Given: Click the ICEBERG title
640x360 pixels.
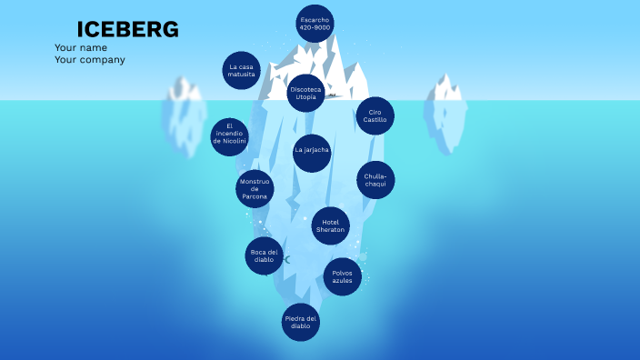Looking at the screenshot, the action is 127,30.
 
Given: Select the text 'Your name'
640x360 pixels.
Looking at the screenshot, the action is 81,47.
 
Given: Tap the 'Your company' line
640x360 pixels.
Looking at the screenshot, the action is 90,60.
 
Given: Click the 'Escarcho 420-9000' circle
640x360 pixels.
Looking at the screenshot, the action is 315,24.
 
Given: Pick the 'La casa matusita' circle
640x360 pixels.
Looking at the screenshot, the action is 242,70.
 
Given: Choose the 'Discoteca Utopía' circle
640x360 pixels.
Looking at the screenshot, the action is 305,94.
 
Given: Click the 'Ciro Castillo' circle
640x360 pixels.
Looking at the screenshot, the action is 375,115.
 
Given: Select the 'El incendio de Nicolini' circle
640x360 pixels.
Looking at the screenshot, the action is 230,134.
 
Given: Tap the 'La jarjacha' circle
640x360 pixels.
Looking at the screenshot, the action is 312,151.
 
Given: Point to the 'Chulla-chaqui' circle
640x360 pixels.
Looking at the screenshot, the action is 375,179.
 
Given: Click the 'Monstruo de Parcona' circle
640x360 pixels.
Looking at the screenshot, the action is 255,189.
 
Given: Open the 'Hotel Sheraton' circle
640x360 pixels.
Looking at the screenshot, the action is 331,226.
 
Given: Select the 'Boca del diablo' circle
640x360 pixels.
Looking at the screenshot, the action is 264,255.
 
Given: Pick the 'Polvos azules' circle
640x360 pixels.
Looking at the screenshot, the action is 342,276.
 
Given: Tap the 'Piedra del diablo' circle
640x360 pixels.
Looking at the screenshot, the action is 301,322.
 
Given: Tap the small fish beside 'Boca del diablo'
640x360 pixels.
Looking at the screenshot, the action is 286,260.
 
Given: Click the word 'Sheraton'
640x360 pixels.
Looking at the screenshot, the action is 331,231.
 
